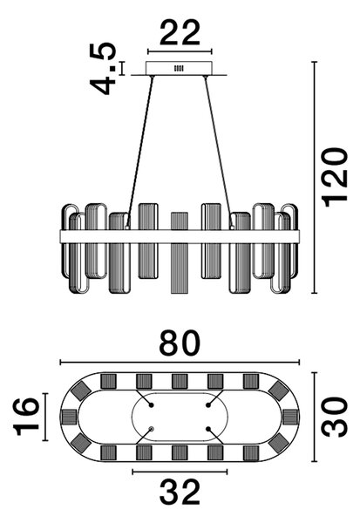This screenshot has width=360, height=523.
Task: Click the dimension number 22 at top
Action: (180, 33)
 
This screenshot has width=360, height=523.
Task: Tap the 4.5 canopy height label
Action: (104, 68)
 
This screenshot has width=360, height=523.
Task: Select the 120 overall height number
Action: (335, 177)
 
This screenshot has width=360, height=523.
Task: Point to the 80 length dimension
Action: (180, 343)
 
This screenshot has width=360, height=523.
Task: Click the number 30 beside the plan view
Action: (335, 418)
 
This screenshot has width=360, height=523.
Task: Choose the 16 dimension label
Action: (26, 417)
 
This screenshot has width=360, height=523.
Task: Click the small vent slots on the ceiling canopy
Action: (180, 68)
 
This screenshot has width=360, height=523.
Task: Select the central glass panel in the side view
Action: (180, 253)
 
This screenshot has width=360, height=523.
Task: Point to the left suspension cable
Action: (139, 152)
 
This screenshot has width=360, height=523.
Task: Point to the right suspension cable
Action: (219, 152)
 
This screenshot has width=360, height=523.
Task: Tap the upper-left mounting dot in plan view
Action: (151, 405)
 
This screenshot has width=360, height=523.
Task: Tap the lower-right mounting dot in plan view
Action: (208, 429)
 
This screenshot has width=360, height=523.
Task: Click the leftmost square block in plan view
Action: (69, 417)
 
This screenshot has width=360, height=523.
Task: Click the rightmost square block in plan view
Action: (290, 417)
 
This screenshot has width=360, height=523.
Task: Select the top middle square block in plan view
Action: (180, 381)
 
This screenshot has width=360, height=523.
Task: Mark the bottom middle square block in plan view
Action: (180, 453)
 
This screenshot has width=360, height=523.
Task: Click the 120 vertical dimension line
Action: (314, 178)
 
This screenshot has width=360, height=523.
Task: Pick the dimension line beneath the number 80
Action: (180, 363)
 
